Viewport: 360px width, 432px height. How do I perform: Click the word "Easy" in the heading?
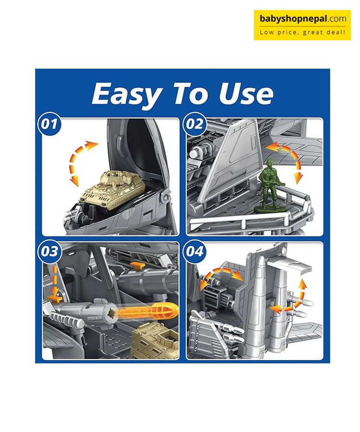tap(126, 94)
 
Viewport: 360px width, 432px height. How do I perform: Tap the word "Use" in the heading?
tap(246, 94)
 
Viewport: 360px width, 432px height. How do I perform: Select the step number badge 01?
tap(49, 124)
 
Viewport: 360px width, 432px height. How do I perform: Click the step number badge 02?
tap(194, 124)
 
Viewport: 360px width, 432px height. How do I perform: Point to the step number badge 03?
tap(49, 251)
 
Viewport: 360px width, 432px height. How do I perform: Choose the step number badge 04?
tap(194, 251)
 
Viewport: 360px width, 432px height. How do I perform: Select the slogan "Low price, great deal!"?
tap(302, 32)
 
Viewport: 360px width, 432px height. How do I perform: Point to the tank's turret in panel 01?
tap(115, 178)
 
